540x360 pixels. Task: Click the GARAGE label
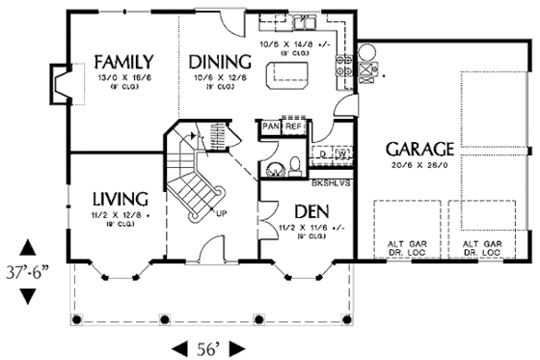click(419, 150)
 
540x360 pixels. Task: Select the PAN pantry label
click(269, 125)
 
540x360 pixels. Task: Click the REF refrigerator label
click(293, 125)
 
